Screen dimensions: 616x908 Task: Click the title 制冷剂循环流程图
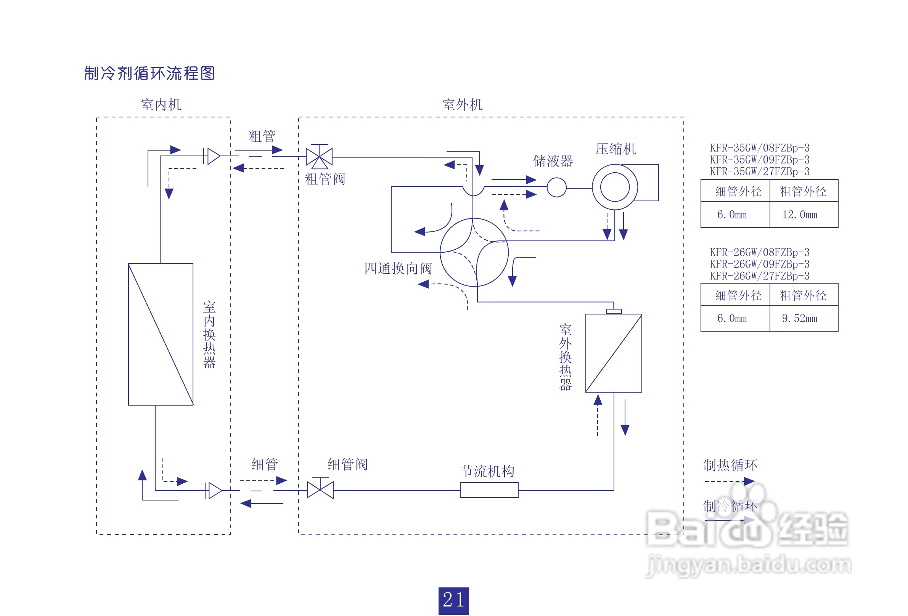click(149, 73)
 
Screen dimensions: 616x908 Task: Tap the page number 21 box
click(453, 600)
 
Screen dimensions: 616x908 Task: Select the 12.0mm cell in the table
click(799, 215)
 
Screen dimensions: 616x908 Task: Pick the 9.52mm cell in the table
click(799, 319)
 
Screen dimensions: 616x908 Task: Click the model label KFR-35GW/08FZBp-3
click(759, 148)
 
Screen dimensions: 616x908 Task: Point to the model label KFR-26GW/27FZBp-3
click(759, 276)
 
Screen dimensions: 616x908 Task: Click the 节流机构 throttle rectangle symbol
click(489, 490)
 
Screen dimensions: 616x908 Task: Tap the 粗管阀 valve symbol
click(319, 157)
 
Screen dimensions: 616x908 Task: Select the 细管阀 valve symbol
click(320, 490)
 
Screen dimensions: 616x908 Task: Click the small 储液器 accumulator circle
click(556, 188)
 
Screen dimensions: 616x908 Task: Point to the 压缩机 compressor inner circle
click(615, 187)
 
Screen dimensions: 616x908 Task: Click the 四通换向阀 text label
click(398, 269)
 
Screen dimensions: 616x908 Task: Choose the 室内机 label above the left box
click(161, 105)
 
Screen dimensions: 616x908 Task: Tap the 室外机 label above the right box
click(462, 105)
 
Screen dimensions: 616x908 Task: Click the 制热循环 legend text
click(730, 465)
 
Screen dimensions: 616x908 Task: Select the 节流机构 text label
click(487, 472)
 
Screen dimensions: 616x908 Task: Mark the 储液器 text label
click(553, 161)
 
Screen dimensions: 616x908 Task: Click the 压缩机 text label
click(616, 149)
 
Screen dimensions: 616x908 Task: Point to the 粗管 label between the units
click(262, 136)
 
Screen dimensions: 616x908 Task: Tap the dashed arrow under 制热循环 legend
click(729, 481)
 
